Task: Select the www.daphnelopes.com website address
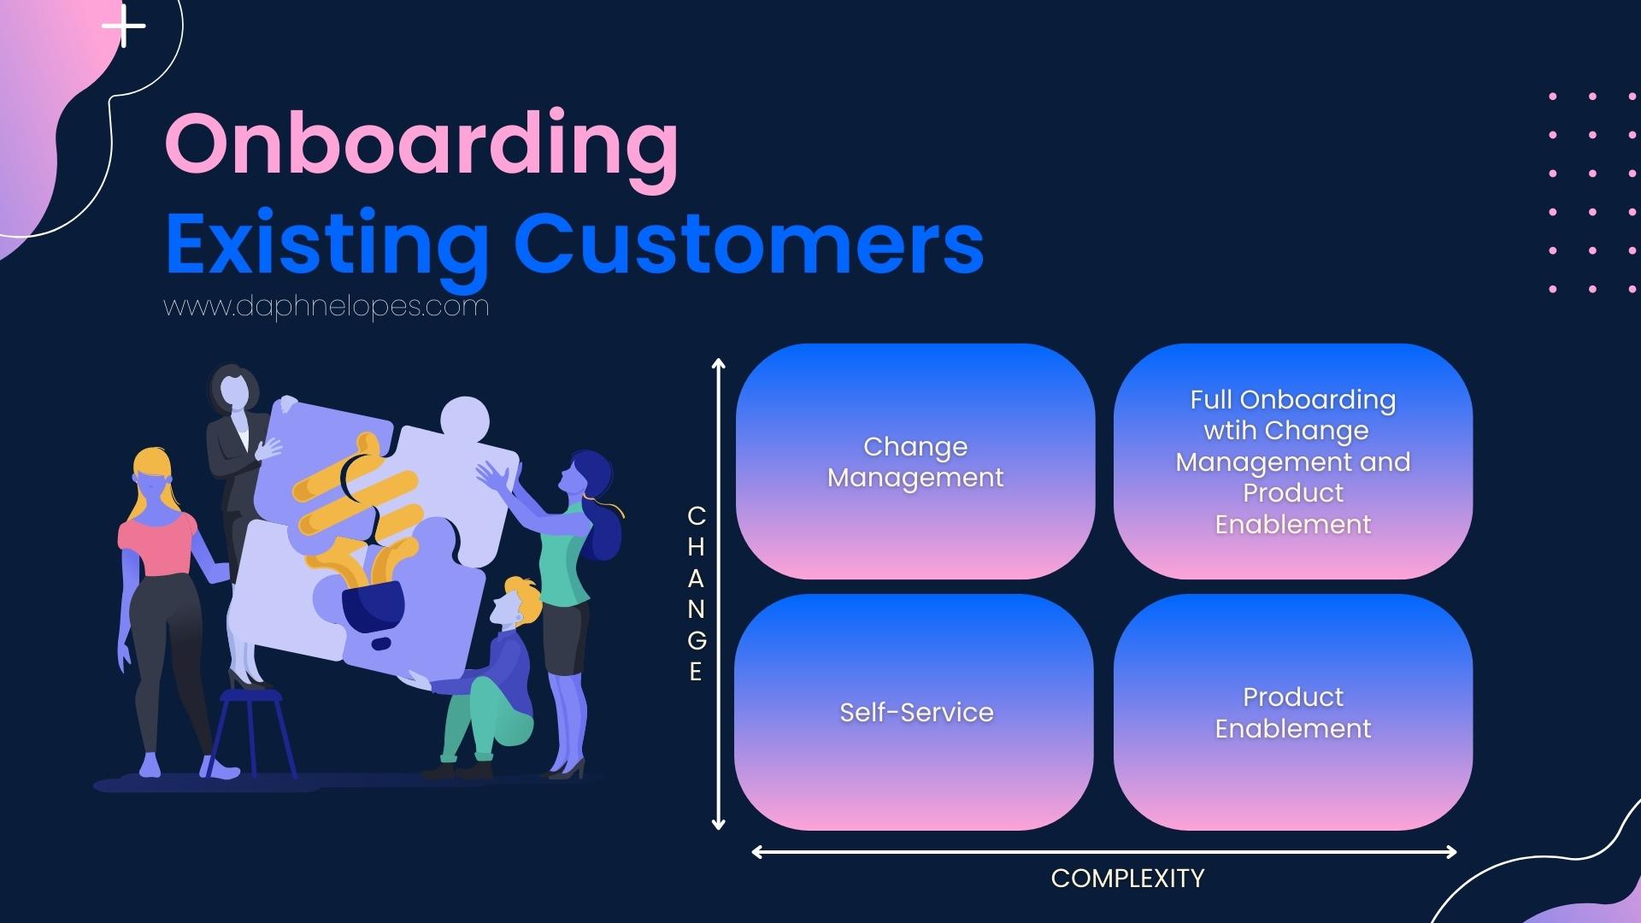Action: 326,306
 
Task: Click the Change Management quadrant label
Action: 915,462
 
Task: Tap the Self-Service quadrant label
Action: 916,712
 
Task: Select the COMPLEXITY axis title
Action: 1127,879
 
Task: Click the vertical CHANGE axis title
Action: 697,594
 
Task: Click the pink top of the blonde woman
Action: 156,544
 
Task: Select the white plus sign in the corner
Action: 124,26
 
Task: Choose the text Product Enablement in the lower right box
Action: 1292,713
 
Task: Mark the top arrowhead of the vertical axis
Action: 719,364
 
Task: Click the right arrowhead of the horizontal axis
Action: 1450,851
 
